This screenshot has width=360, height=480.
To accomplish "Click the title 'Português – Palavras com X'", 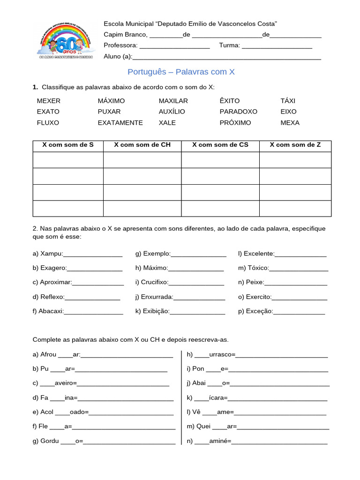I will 181,72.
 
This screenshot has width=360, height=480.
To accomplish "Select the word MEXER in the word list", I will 49,101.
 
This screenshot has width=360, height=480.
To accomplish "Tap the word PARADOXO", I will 238,112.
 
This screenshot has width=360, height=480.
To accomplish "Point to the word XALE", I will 167,123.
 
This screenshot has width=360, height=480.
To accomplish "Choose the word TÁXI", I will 288,101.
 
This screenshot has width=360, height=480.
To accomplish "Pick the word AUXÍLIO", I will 172,112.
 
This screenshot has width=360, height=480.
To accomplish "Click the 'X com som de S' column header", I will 68,145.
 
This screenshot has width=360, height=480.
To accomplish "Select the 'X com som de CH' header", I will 142,145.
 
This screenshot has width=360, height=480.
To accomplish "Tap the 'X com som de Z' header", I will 295,145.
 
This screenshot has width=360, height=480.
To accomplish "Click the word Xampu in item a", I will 52,254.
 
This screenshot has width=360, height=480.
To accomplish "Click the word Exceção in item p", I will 259,311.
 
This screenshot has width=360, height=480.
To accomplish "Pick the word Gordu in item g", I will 50,441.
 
